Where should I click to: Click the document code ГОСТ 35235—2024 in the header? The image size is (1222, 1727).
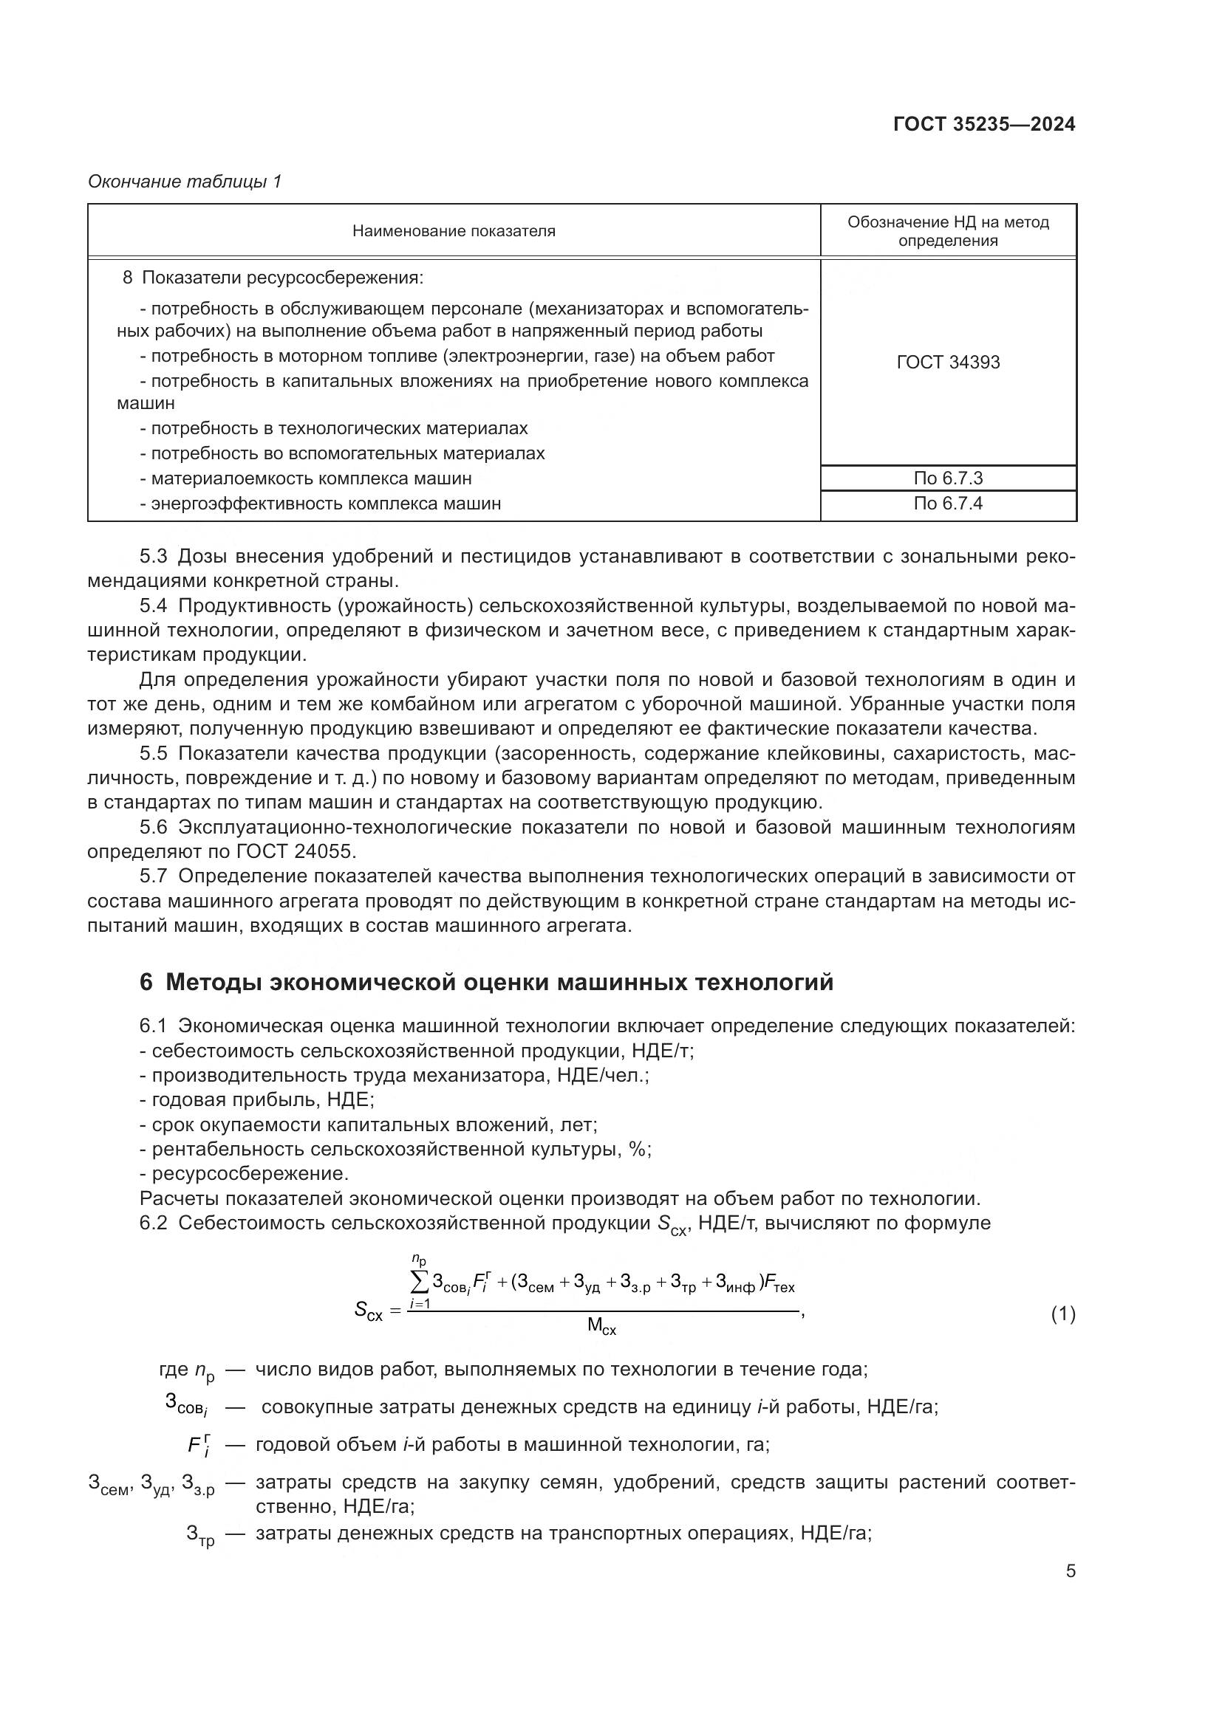point(983,124)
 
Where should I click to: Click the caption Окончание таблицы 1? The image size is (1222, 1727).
point(185,182)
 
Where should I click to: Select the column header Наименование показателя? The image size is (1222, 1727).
point(453,231)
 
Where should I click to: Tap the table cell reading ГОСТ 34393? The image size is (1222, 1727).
point(947,363)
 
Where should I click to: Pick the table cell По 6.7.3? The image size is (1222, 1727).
point(947,478)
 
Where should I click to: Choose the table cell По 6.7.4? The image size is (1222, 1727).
point(947,504)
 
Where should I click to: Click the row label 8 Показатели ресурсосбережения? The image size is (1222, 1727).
point(273,278)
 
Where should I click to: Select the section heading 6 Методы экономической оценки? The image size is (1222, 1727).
point(486,982)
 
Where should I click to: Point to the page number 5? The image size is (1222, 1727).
point(1070,1570)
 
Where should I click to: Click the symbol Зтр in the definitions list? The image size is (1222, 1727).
point(199,1534)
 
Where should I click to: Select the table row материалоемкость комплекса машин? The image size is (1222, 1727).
point(311,478)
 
